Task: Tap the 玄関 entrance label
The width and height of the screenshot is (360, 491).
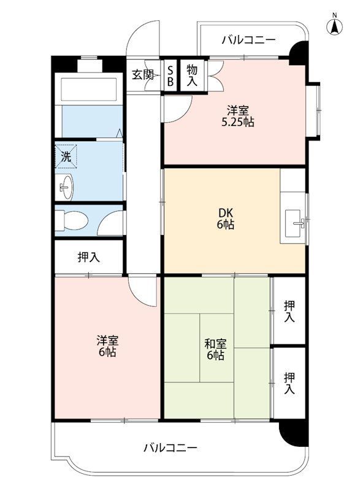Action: click(x=143, y=74)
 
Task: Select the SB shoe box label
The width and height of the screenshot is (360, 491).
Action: click(x=170, y=75)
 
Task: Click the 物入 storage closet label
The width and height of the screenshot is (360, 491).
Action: click(x=192, y=75)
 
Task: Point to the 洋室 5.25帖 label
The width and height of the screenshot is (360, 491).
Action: click(x=238, y=116)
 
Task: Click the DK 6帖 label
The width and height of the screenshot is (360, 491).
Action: click(x=226, y=219)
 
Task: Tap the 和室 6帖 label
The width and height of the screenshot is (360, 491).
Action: click(x=215, y=349)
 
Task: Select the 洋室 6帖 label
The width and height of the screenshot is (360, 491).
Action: click(x=107, y=346)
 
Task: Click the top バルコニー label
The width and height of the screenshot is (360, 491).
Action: click(x=249, y=40)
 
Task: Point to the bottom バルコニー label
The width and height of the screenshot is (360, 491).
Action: click(x=170, y=447)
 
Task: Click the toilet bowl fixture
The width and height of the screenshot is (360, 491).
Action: click(x=71, y=220)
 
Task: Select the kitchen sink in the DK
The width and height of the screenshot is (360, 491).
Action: click(x=293, y=223)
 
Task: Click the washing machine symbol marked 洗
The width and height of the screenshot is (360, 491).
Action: click(x=66, y=157)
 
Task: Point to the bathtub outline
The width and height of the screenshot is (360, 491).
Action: click(x=89, y=90)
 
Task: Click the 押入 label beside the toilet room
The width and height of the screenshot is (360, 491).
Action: click(x=88, y=257)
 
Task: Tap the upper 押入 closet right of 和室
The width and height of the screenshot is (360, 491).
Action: click(x=289, y=312)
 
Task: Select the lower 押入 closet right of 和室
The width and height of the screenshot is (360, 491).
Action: click(x=289, y=383)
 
